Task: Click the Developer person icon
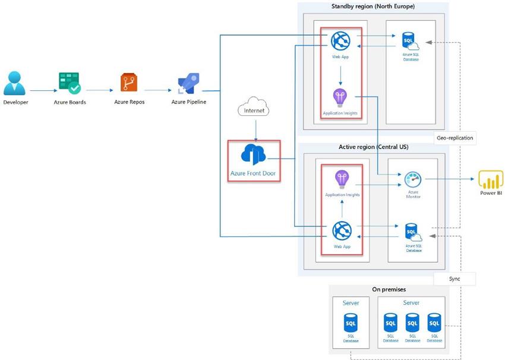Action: [x=15, y=83]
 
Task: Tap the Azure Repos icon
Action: [x=129, y=83]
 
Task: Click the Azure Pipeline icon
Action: [x=188, y=84]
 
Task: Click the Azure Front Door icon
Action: [x=254, y=155]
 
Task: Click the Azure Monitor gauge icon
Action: [x=412, y=179]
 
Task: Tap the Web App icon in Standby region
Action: [x=340, y=40]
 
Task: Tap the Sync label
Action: [x=454, y=278]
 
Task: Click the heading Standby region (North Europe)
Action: [x=373, y=7]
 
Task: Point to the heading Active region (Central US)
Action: [x=373, y=147]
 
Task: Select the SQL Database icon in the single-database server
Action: [x=351, y=324]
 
